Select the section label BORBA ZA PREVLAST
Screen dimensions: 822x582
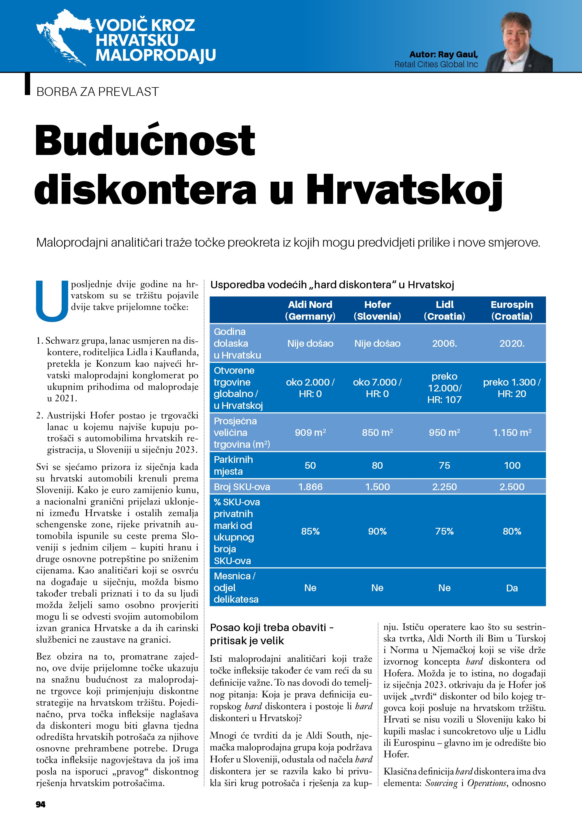click(x=97, y=92)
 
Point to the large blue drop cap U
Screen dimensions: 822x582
click(x=52, y=301)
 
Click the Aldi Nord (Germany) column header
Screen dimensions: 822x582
click(x=310, y=310)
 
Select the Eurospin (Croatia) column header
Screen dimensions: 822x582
click(x=512, y=310)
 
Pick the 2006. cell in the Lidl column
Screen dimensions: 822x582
click(x=444, y=344)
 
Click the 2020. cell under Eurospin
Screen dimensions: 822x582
click(x=512, y=344)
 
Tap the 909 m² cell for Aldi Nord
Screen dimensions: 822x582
click(x=310, y=433)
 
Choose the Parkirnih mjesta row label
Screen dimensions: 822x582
click(x=233, y=465)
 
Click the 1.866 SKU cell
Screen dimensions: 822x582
click(x=310, y=487)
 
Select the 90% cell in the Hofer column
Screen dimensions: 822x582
click(x=377, y=531)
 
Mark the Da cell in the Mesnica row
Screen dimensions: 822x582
click(x=512, y=588)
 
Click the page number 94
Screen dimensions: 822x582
click(x=41, y=804)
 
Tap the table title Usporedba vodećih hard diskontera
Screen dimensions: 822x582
click(x=332, y=285)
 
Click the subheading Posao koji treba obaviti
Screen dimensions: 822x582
click(x=272, y=634)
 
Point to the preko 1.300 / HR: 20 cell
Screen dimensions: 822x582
click(x=512, y=388)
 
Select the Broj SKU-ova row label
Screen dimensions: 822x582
click(x=242, y=487)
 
